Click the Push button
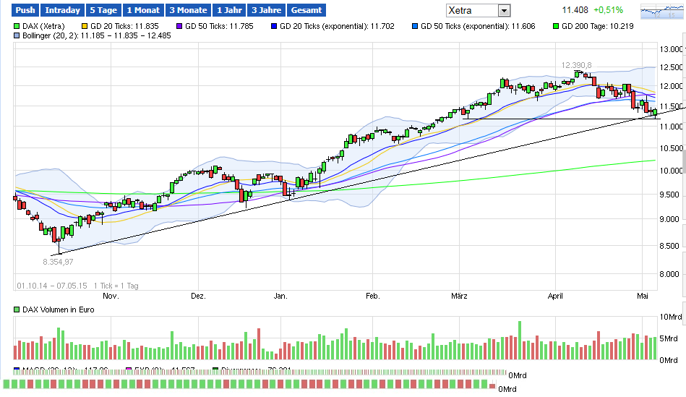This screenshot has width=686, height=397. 25,10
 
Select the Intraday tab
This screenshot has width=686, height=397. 62,10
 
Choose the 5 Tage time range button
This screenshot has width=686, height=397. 103,10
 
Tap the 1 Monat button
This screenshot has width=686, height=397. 142,10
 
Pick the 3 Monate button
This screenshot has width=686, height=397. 187,10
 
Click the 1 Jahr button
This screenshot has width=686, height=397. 229,10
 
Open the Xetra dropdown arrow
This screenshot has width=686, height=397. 504,11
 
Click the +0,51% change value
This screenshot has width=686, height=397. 608,11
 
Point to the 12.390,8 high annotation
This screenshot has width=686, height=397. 576,65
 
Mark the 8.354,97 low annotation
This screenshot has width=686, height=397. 59,261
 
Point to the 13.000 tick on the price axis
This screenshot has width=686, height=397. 670,49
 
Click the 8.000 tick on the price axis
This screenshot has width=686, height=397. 670,274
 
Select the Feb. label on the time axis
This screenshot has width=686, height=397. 372,296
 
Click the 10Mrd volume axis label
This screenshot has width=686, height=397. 669,317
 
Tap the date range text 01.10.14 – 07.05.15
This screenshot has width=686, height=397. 51,286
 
